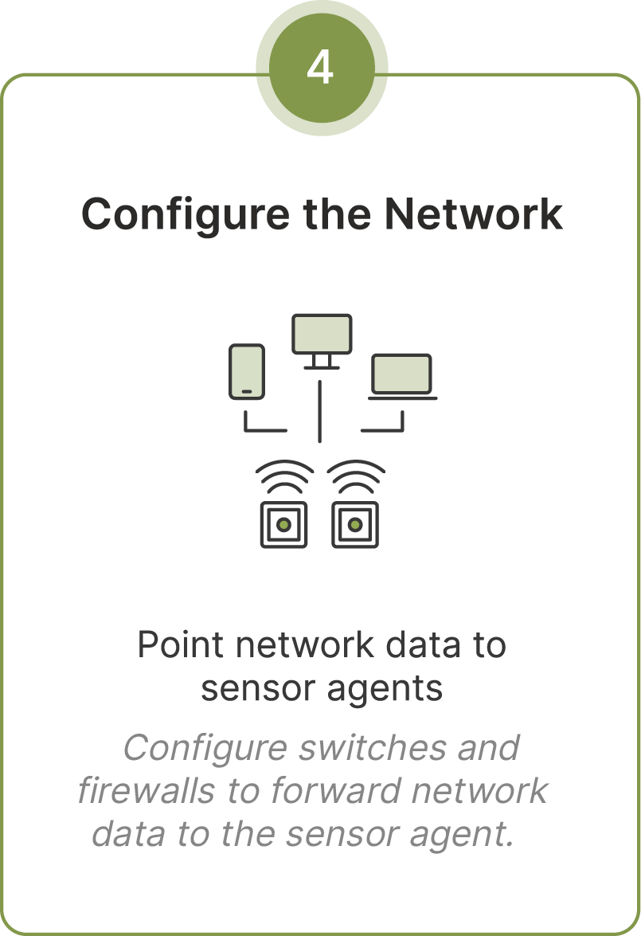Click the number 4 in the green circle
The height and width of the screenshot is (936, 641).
pos(320,69)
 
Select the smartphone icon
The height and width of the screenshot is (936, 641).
pos(246,371)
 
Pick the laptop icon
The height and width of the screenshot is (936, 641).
pos(402,375)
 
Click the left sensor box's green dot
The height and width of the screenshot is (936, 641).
pos(283,524)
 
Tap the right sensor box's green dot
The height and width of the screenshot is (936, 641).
pos(355,524)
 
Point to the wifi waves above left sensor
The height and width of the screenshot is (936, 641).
pos(284,477)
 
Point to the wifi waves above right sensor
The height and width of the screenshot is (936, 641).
pos(356,477)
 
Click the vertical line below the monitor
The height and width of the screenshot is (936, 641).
pos(319,411)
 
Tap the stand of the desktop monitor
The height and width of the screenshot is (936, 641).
pos(321,362)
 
